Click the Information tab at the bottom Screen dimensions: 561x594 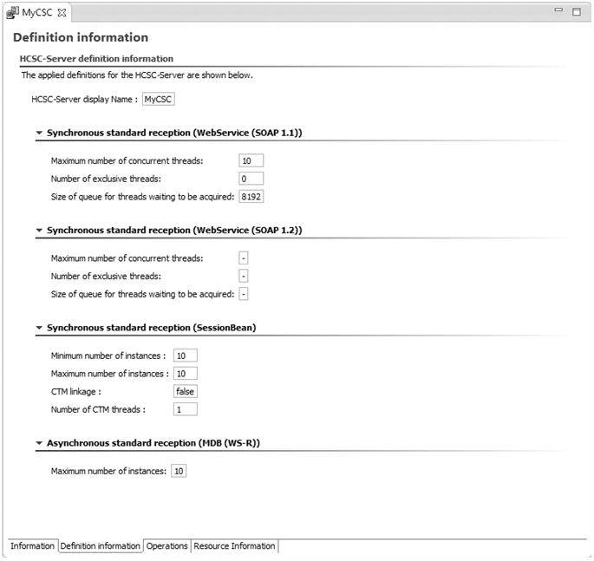pyautogui.click(x=32, y=546)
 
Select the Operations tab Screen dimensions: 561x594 pyautogui.click(x=167, y=546)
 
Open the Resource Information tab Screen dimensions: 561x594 pyautogui.click(x=234, y=546)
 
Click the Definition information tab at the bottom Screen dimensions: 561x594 pyautogui.click(x=101, y=546)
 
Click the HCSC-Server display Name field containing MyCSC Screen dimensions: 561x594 pyautogui.click(x=158, y=100)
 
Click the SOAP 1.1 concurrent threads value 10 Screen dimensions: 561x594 pyautogui.click(x=250, y=160)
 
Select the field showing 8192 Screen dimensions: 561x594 pyautogui.click(x=251, y=197)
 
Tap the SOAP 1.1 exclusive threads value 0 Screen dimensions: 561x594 pyautogui.click(x=250, y=179)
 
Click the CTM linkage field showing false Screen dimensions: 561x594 pyautogui.click(x=186, y=391)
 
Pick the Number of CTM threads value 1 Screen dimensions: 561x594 pyautogui.click(x=186, y=409)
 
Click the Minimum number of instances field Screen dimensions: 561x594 pyautogui.click(x=186, y=356)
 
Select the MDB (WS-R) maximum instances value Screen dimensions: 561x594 pyautogui.click(x=180, y=471)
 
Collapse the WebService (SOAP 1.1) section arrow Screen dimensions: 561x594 pyautogui.click(x=39, y=134)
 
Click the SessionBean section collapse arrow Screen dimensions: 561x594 pyautogui.click(x=39, y=329)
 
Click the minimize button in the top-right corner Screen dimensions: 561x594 pyautogui.click(x=559, y=10)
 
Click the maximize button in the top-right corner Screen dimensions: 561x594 pyautogui.click(x=577, y=11)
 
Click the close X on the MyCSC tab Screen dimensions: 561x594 pyautogui.click(x=62, y=12)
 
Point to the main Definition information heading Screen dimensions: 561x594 pyautogui.click(x=81, y=38)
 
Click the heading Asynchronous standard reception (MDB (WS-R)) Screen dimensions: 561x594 pyautogui.click(x=153, y=443)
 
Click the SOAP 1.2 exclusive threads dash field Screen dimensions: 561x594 pyautogui.click(x=244, y=276)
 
